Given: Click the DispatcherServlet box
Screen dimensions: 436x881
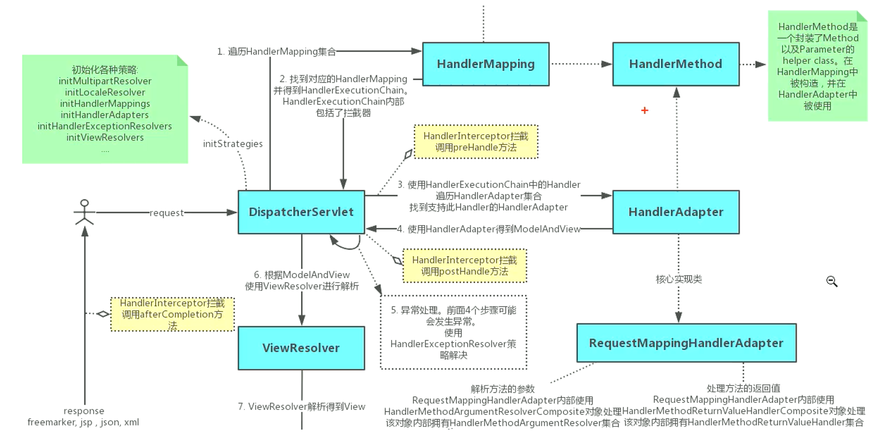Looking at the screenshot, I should pyautogui.click(x=301, y=212).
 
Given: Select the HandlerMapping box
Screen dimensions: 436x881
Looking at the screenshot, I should pyautogui.click(x=485, y=64).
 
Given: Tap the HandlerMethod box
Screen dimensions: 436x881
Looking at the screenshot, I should pyautogui.click(x=675, y=64).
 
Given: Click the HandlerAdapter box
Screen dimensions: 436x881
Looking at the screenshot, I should pyautogui.click(x=675, y=212).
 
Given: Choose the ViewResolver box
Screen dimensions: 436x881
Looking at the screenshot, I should pyautogui.click(x=301, y=348).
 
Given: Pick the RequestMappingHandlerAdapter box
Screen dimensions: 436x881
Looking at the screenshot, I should pyautogui.click(x=686, y=343).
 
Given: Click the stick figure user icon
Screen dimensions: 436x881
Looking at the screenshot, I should pyautogui.click(x=84, y=212).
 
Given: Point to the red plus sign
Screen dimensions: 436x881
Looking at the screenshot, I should pyautogui.click(x=645, y=110).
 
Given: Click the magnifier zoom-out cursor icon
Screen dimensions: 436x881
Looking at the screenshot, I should pyautogui.click(x=831, y=281).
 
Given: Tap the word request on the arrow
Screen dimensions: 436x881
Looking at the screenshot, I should pyautogui.click(x=166, y=213).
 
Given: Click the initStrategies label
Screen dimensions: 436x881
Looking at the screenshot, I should pyautogui.click(x=232, y=144).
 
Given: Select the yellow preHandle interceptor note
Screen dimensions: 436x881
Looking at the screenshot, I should pyautogui.click(x=475, y=142).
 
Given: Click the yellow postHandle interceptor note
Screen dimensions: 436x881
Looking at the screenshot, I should pyautogui.click(x=464, y=266).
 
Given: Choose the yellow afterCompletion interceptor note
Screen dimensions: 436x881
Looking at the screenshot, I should pyautogui.click(x=172, y=314).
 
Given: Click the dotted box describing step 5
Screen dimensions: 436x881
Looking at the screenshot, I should pyautogui.click(x=453, y=332).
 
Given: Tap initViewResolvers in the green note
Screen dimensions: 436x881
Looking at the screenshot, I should pyautogui.click(x=105, y=137).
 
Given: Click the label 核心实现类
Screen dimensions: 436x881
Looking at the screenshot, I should pyautogui.click(x=679, y=279).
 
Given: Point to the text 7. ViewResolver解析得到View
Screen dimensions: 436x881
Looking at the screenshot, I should pyautogui.click(x=301, y=406).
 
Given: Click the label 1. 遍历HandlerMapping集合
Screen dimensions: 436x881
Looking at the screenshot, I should pyautogui.click(x=276, y=52).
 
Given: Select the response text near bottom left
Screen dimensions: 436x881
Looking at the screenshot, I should pyautogui.click(x=84, y=411).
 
